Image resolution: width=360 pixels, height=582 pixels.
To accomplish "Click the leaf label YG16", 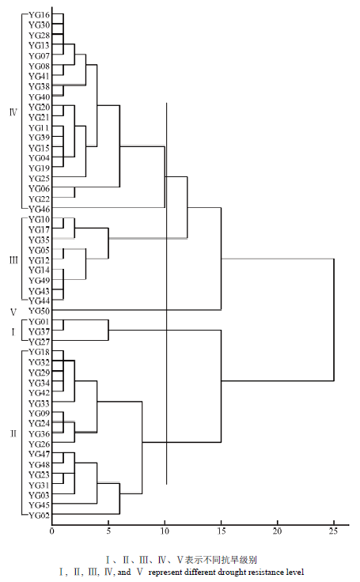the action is click(39, 15).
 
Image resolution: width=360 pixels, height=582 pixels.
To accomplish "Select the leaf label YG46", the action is click(39, 210).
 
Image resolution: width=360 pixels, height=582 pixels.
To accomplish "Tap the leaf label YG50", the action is click(39, 311).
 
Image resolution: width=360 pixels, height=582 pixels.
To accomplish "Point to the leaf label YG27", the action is click(39, 342).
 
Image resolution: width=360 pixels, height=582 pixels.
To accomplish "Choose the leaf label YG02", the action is click(39, 516).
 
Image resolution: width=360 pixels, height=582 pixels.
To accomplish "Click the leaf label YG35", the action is click(39, 240).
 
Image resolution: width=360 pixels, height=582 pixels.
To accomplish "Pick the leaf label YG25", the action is click(39, 179).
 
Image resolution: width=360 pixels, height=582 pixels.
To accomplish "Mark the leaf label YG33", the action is click(39, 403).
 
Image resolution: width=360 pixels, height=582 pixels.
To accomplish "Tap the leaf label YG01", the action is click(39, 321).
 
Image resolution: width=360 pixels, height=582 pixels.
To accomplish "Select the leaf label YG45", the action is click(39, 505).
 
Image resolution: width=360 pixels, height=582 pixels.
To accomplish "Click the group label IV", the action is click(13, 111).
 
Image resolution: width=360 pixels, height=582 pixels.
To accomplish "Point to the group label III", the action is click(13, 260).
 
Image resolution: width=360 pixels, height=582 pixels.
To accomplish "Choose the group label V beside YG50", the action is click(13, 312).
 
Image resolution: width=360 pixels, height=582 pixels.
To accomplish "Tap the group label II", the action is click(13, 433).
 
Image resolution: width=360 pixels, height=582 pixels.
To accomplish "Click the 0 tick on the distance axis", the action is click(52, 531).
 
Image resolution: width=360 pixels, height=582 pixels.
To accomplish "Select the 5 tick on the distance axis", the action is click(108, 531).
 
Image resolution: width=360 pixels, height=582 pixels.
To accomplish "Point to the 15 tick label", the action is click(221, 531).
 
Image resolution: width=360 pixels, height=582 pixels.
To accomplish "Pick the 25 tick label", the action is click(334, 531).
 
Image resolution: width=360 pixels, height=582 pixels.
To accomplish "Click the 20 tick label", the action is click(277, 531).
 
